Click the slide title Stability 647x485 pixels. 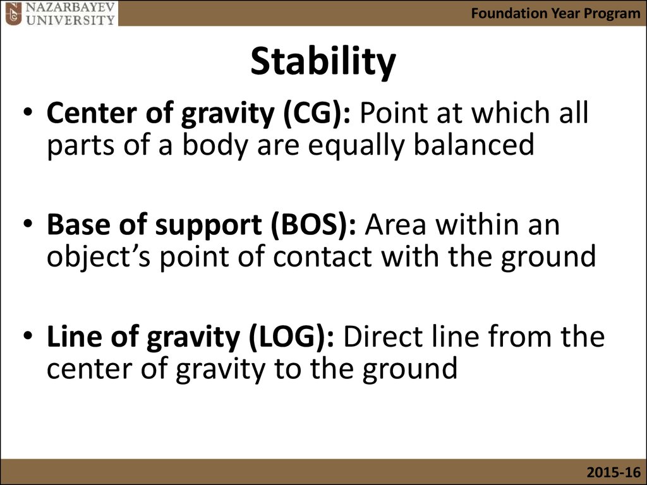point(323,62)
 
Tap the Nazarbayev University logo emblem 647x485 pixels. point(13,13)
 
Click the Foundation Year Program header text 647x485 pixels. point(555,13)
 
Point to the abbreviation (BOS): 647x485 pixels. point(313,225)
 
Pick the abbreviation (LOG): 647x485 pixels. point(291,337)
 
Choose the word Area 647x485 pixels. point(395,225)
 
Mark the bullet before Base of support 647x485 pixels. point(28,224)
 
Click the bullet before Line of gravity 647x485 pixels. point(28,336)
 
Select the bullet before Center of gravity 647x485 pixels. point(28,112)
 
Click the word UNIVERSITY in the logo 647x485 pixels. point(70,20)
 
